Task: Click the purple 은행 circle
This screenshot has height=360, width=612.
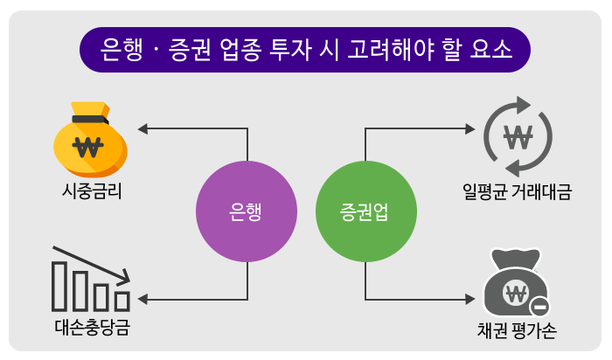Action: pos(247,211)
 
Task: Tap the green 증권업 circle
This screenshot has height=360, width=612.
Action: pos(365,211)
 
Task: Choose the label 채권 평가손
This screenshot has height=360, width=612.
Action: pos(517,331)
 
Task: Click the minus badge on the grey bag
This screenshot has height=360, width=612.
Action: pos(539,305)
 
